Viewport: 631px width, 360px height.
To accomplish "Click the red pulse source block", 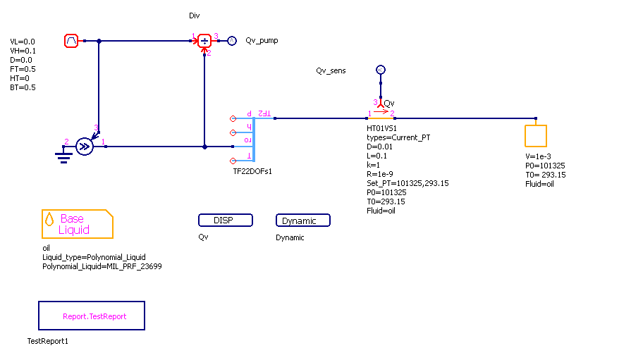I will [x=71, y=41].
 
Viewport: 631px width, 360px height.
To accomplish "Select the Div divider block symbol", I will [x=204, y=41].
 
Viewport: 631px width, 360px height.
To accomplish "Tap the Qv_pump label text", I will [x=262, y=41].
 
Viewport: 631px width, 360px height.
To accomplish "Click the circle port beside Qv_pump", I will [x=231, y=41].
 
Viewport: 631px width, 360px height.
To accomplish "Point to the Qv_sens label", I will [x=331, y=71].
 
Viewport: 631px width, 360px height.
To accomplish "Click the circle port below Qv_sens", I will [x=380, y=70].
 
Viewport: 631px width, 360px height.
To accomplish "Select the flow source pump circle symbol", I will [x=84, y=147].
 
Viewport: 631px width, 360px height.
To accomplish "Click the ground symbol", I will [x=64, y=154].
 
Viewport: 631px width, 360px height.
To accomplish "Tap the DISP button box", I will [x=225, y=221].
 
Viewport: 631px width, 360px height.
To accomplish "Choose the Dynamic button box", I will [x=302, y=221].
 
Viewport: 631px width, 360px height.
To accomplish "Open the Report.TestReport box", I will [x=92, y=316].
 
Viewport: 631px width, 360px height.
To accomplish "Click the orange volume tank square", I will [x=535, y=135].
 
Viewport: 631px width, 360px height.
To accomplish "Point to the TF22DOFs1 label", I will [x=252, y=171].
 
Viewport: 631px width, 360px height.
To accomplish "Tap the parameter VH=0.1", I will [x=23, y=51].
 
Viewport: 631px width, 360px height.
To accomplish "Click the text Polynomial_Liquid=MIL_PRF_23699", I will [x=102, y=267].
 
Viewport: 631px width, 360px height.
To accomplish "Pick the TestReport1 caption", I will [x=47, y=341].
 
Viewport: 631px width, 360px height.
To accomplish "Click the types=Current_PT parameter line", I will [x=398, y=137].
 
